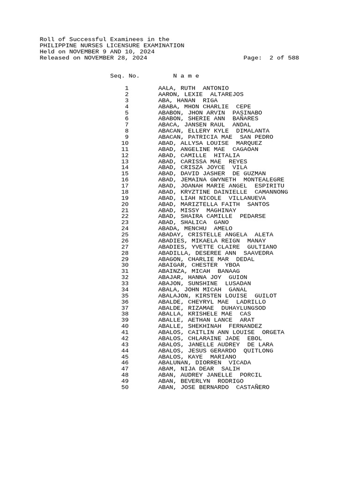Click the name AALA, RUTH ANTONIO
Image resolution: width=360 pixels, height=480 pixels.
click(193, 88)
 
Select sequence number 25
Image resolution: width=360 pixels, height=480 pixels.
click(125, 235)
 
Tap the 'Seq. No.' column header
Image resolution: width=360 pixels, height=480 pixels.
click(125, 76)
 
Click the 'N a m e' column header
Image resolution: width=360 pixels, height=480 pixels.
click(186, 76)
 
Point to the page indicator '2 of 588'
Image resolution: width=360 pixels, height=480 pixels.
click(284, 58)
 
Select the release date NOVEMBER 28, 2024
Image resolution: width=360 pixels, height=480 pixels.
click(115, 58)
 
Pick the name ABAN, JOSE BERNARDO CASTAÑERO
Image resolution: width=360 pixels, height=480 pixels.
click(214, 388)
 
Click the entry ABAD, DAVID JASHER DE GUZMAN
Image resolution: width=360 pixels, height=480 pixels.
click(212, 173)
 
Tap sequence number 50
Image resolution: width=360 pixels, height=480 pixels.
click(125, 388)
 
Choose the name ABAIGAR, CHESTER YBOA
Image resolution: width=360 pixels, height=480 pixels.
click(199, 265)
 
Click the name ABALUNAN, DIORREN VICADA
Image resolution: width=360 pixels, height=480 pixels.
click(204, 363)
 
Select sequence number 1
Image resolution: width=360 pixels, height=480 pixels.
click(127, 88)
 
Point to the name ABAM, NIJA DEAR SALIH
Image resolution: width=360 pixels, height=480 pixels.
click(199, 369)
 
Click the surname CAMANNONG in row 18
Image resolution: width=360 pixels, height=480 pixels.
click(271, 192)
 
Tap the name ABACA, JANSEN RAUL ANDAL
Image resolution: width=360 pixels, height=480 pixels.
click(204, 125)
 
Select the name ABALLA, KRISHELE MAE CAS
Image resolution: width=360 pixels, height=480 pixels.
click(204, 314)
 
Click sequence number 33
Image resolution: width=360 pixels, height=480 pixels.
click(125, 284)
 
